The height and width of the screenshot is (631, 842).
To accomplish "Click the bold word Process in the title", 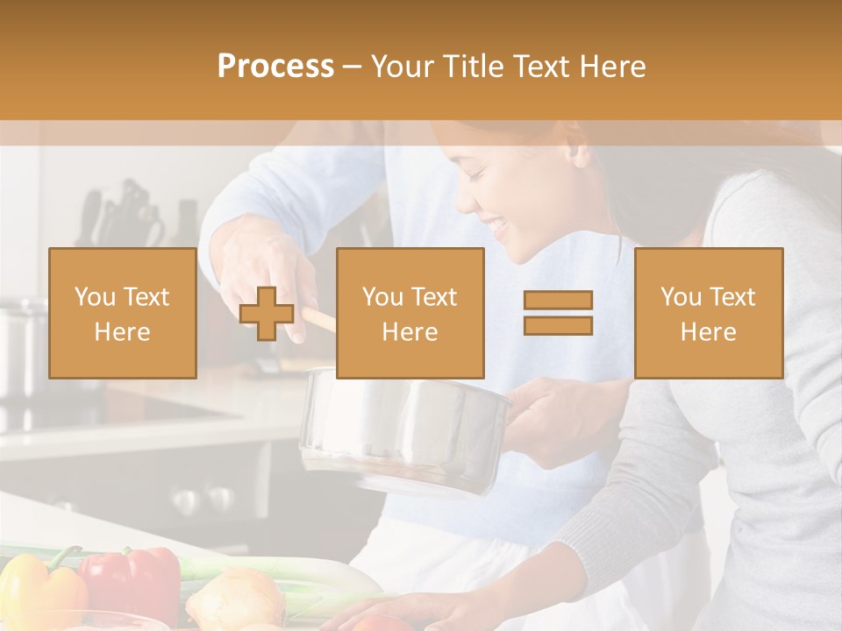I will pos(275,67).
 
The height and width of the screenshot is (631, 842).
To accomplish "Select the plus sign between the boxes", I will pos(267,314).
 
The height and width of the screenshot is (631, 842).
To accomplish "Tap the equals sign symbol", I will pos(558,313).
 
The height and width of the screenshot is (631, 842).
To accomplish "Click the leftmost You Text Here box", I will pos(123,313).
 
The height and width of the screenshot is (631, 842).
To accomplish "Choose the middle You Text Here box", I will pos(410,313).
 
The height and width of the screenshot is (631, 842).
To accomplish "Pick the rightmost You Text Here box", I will pos(708,313).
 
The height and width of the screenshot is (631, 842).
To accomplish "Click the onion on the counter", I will pos(235,600).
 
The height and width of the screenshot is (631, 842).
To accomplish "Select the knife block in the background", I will pos(123,215).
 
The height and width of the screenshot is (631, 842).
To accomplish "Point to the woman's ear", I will pos(577,149).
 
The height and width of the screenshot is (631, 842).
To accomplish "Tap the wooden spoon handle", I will pos(321,318).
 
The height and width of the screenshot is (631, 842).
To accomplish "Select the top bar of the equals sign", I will pos(558,301).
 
